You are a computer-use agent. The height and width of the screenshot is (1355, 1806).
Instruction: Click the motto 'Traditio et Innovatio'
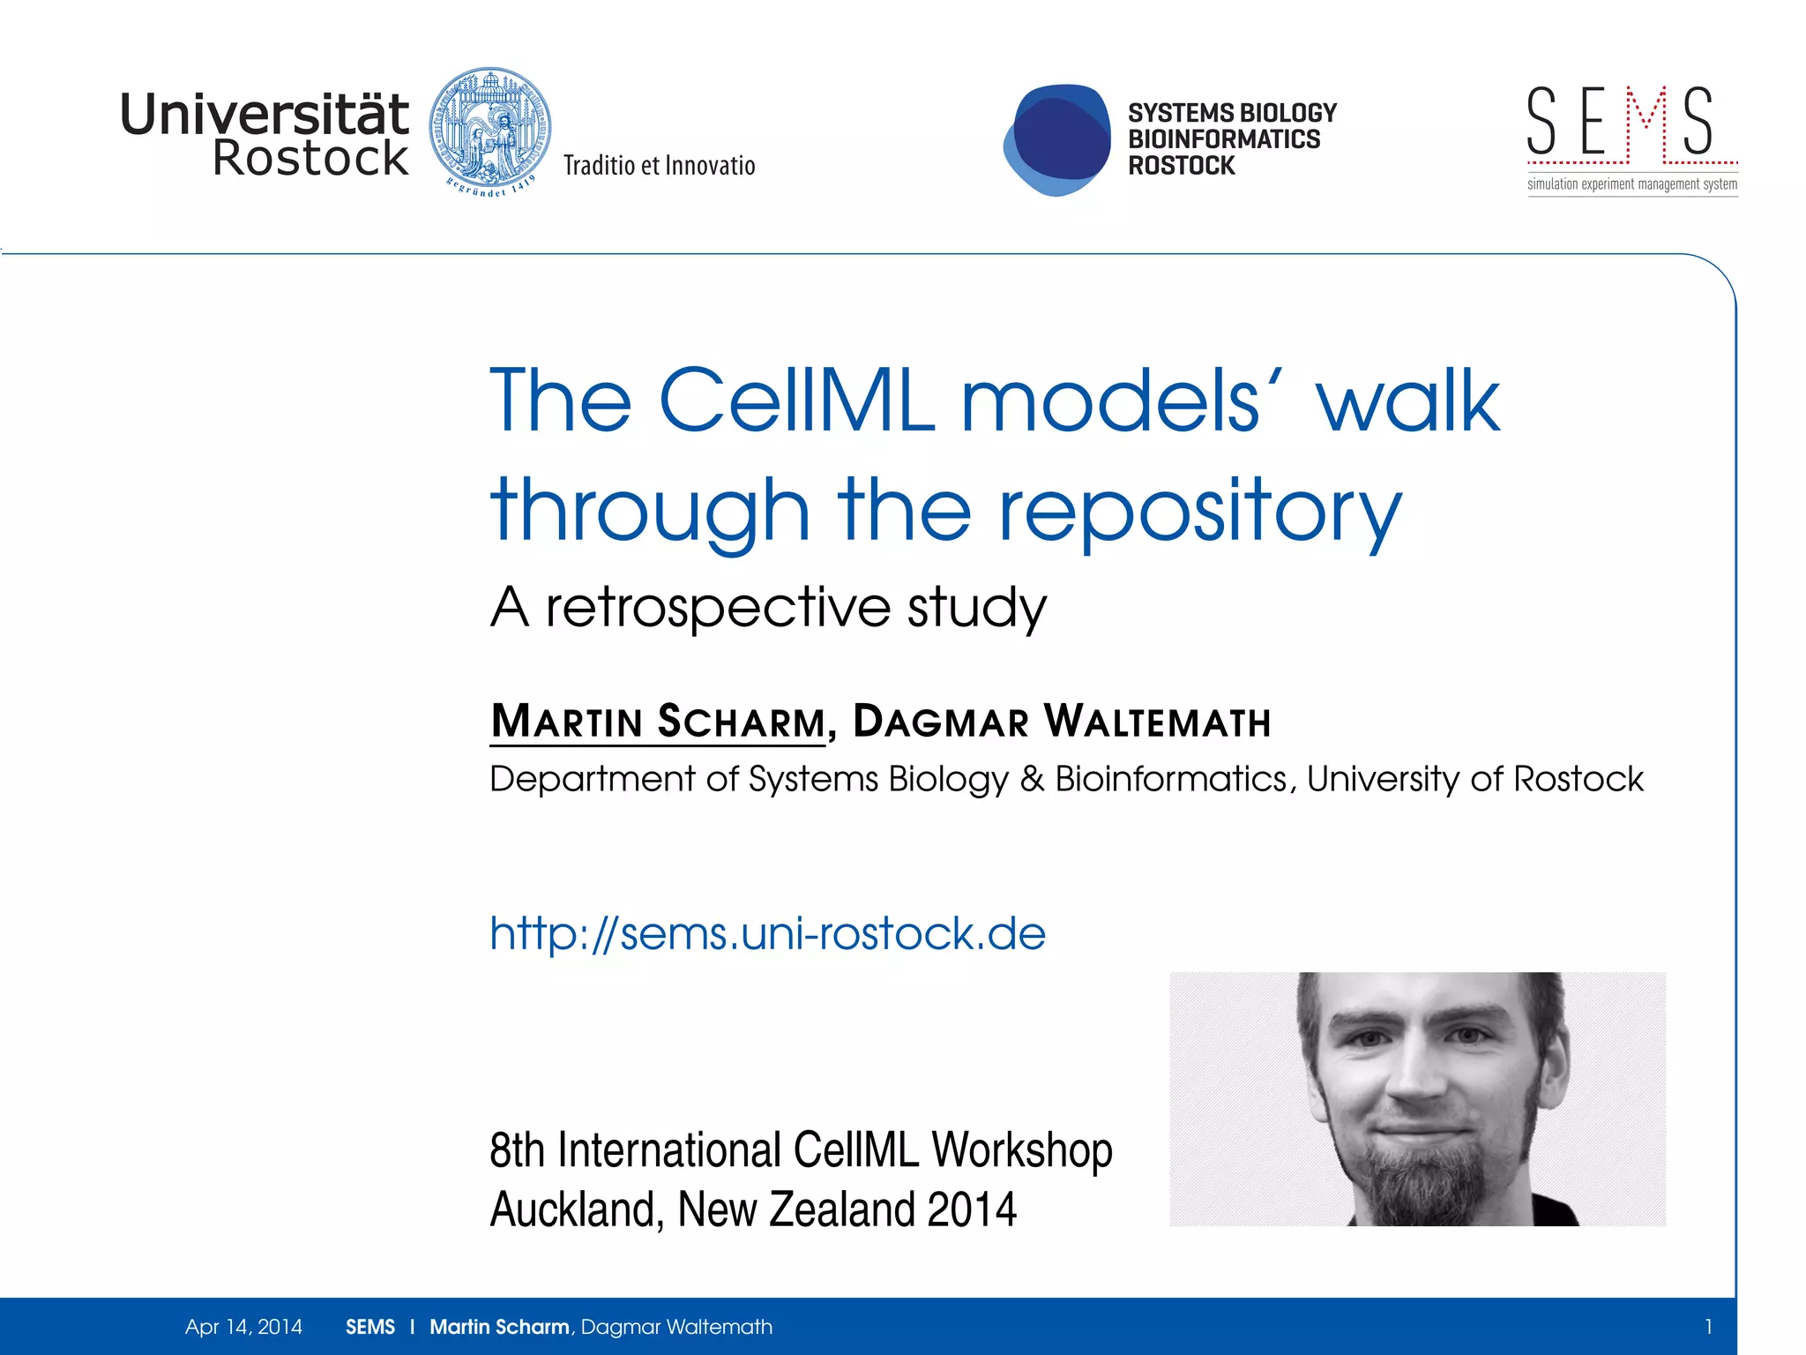coord(659,166)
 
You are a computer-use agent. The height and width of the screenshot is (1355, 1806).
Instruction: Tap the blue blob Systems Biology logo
coord(1057,139)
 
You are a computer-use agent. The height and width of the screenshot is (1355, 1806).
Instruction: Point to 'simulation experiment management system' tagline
coord(1632,184)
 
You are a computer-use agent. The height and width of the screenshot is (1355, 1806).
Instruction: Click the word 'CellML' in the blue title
coord(796,401)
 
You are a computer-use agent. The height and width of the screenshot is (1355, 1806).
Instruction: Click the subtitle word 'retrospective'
coord(719,608)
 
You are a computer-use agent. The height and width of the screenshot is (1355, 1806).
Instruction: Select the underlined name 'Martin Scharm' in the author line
coord(658,721)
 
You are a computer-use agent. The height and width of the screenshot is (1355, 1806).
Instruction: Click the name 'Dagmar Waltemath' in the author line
coord(1062,721)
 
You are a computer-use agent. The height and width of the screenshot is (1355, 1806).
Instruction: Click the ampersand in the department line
coord(1032,779)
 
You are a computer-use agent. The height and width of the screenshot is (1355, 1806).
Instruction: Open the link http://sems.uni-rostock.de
coord(767,933)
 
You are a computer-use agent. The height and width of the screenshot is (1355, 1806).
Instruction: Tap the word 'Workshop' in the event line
coord(1022,1150)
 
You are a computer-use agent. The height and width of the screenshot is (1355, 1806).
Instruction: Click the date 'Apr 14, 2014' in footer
coord(243,1327)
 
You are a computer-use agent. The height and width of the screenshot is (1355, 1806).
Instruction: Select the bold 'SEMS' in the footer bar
coord(370,1327)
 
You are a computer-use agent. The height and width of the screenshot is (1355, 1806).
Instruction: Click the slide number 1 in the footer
coord(1708,1327)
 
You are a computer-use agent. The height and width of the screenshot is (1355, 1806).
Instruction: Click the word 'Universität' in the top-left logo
coord(265,115)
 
